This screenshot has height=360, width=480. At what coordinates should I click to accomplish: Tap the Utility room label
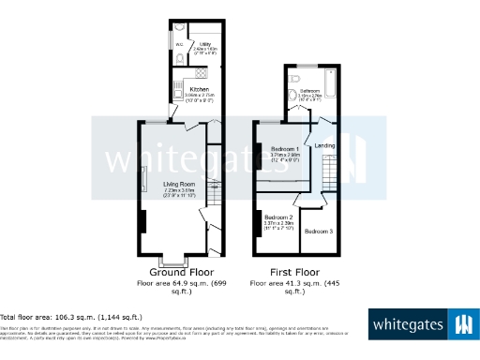click(x=204, y=43)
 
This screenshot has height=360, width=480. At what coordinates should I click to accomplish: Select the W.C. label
click(x=179, y=43)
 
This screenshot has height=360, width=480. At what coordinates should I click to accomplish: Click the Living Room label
click(x=178, y=183)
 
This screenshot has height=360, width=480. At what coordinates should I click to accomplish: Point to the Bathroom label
click(x=310, y=91)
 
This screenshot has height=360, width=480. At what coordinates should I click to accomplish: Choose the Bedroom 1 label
click(x=285, y=149)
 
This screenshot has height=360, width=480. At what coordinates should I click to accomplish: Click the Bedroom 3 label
click(x=320, y=230)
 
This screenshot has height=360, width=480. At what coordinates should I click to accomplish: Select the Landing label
click(x=324, y=145)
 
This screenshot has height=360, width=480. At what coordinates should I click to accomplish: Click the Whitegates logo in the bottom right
click(x=420, y=325)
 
